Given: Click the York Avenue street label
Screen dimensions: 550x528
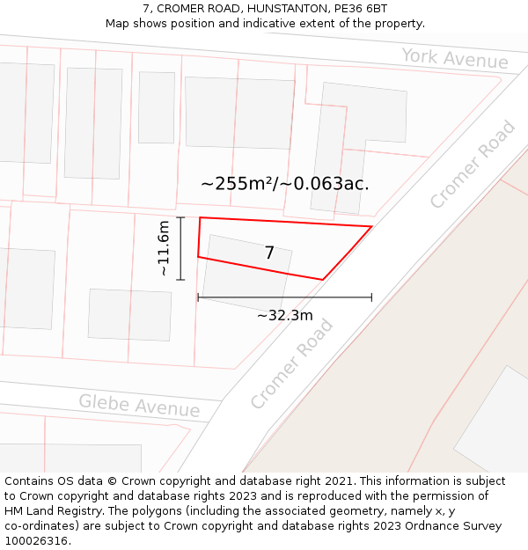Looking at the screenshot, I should pyautogui.click(x=455, y=59).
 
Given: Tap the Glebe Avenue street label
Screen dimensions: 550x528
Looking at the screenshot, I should pyautogui.click(x=139, y=406).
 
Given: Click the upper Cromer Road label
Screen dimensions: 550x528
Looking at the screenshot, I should pyautogui.click(x=473, y=165).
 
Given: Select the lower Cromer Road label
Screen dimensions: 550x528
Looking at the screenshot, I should pyautogui.click(x=291, y=364).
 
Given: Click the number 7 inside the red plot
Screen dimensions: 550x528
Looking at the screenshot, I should pyautogui.click(x=269, y=253).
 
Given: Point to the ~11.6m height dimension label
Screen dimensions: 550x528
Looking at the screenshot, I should pyautogui.click(x=164, y=249).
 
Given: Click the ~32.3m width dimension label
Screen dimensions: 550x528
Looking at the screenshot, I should pyautogui.click(x=284, y=315).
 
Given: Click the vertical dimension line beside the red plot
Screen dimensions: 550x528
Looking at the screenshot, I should pyautogui.click(x=180, y=249).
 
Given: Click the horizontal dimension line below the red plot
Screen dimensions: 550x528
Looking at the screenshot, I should pyautogui.click(x=284, y=298).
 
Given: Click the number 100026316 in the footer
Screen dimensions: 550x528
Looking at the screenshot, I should pyautogui.click(x=35, y=541).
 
